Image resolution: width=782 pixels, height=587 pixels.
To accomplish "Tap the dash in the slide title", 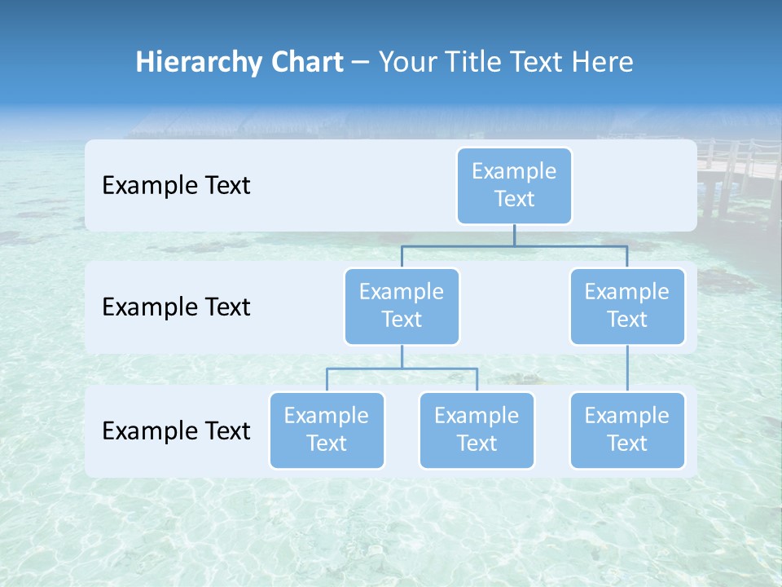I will point(361,63).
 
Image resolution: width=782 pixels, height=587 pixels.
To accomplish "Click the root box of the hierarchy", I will point(514,185).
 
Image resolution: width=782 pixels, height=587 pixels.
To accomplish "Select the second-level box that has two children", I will point(402,306).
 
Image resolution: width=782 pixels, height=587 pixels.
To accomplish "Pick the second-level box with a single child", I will point(627,306).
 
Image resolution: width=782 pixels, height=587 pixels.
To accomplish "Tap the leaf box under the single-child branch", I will point(627,430).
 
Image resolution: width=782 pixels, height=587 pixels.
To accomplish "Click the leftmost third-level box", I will point(327,430).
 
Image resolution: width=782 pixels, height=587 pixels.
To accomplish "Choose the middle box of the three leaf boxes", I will point(477,430).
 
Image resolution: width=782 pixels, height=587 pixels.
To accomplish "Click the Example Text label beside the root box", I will point(176,186).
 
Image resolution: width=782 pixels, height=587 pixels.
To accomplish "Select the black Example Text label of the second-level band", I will point(176,307).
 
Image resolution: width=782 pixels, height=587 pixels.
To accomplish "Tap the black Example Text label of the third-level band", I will point(176,430).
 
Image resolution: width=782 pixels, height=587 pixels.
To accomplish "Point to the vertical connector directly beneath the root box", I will point(514,235).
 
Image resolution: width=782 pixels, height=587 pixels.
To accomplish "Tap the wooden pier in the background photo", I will point(737,167).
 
